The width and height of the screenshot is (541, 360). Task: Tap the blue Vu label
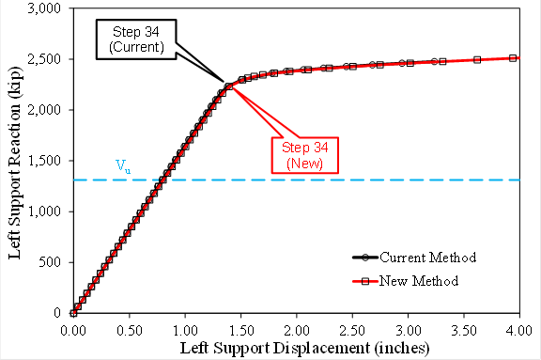point(123,165)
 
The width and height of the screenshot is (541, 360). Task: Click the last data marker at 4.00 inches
point(513,58)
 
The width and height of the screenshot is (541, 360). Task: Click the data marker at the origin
point(72,313)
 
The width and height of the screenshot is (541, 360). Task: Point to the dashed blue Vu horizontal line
point(329,180)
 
